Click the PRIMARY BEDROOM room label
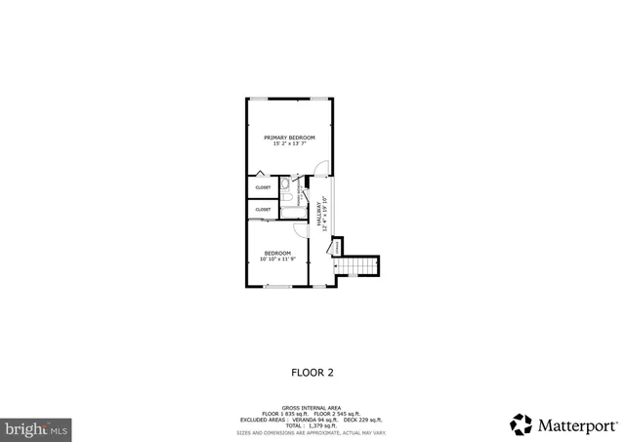point(289,138)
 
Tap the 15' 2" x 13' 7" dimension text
point(289,144)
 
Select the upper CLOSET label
point(263,187)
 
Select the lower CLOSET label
point(263,209)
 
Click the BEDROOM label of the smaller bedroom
point(277,253)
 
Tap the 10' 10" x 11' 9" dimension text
point(277,260)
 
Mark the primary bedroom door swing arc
point(313,181)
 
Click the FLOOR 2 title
point(312,372)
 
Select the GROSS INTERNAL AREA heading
point(312,408)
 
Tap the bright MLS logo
point(37,427)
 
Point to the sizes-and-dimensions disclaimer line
point(312,431)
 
